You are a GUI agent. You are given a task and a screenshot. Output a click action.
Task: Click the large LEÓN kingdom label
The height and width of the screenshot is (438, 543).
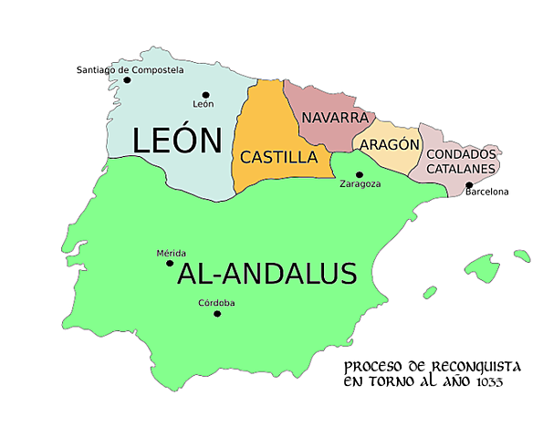[x=177, y=141]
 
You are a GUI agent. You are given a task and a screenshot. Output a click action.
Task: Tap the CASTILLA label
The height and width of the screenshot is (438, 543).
[x=278, y=157]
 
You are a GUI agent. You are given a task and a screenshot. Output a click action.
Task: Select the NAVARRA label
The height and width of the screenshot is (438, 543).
[x=334, y=119]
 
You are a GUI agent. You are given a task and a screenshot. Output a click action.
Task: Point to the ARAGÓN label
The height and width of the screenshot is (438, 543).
[x=389, y=144]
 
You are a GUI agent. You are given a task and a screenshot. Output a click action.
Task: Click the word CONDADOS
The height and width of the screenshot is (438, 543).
[x=463, y=154]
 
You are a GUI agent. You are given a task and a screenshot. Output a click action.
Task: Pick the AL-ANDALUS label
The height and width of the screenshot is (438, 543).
[x=266, y=273]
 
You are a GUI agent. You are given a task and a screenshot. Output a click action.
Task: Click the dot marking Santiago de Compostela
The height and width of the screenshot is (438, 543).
[x=127, y=80]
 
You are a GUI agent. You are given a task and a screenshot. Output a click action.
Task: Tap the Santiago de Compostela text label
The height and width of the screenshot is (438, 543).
[x=130, y=69]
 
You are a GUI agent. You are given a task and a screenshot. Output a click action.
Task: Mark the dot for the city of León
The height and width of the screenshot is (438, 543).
[x=206, y=95]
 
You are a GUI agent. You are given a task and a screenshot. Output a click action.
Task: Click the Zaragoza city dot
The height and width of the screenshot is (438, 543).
[x=359, y=174]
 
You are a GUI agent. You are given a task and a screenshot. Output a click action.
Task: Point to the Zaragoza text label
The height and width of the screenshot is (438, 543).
[x=360, y=184]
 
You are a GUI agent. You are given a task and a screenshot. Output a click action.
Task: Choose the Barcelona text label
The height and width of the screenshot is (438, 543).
[x=486, y=192]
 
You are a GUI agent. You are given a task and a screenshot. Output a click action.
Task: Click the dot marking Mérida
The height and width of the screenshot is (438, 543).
[x=170, y=264]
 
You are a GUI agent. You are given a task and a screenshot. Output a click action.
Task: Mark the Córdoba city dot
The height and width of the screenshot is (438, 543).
[x=217, y=314]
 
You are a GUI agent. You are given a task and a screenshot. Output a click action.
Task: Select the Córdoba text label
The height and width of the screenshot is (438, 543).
[x=216, y=303]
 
